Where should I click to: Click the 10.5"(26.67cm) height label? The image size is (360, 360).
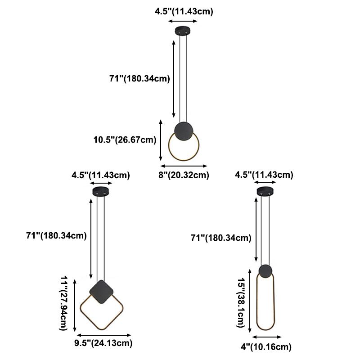[x=125, y=139]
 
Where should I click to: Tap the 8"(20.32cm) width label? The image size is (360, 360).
[x=184, y=175]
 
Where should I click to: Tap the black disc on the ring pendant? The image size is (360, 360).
[x=184, y=131]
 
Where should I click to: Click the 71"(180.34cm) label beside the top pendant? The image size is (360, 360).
[x=139, y=79]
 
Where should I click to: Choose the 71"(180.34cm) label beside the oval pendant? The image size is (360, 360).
[x=221, y=238]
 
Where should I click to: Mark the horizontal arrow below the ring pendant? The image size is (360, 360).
[x=184, y=165]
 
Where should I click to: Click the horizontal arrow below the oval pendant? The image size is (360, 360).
[x=267, y=337]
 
